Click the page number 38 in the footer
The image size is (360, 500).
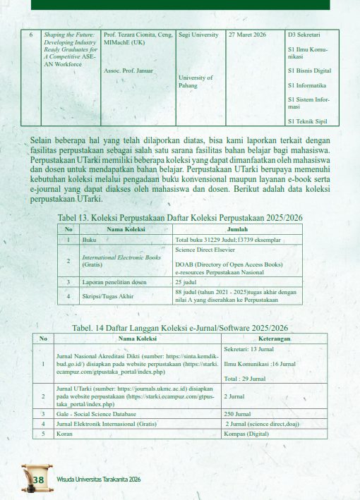pos(38,480)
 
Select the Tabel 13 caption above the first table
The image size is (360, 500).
pos(180,217)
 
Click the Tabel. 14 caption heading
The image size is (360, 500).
pos(180,328)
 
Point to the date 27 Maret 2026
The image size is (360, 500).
pos(246,34)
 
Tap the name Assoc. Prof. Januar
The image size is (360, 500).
pos(126,71)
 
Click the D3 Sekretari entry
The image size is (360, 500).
pos(304,34)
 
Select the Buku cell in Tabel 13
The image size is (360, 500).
pos(90,240)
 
